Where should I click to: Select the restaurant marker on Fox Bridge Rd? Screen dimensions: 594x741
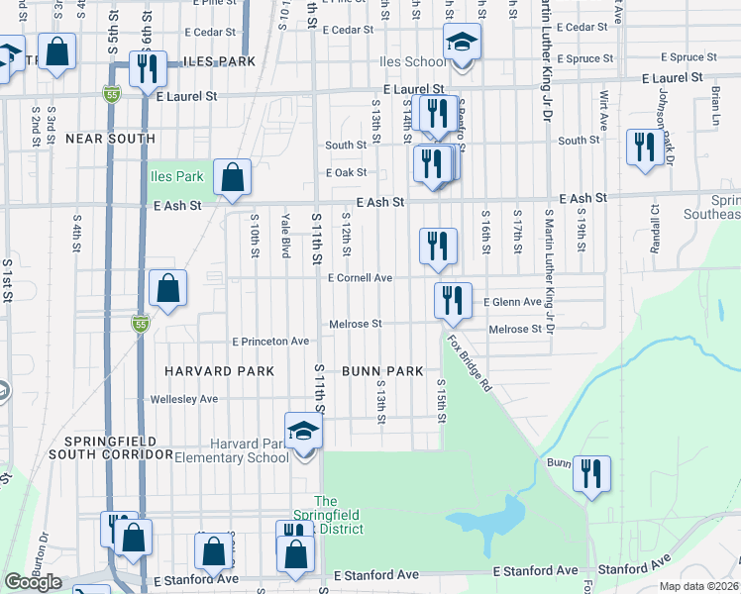[453, 300]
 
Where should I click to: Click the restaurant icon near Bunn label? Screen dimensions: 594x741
[591, 473]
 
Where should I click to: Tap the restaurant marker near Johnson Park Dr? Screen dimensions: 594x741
[645, 148]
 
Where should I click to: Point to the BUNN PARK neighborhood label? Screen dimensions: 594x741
[382, 371]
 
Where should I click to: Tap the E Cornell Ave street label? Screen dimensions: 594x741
[360, 278]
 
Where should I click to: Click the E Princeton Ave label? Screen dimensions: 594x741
[270, 342]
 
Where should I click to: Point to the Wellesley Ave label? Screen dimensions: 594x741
[183, 399]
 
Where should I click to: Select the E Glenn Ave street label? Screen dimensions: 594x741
[512, 302]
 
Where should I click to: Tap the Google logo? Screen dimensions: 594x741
[33, 582]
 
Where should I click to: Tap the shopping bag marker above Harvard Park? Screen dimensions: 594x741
[168, 289]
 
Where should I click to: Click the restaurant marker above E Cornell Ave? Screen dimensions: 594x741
[438, 247]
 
